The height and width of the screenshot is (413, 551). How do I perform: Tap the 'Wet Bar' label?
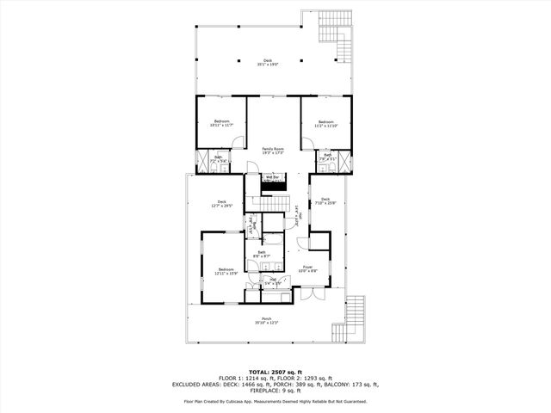pos(274,178)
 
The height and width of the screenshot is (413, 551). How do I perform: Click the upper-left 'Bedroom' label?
pos(222,123)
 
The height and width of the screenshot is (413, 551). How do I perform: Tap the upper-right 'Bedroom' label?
pos(325,123)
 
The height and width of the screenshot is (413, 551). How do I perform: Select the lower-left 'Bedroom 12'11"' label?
pos(226,271)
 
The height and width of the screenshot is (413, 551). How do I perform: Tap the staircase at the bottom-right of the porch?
pos(355,317)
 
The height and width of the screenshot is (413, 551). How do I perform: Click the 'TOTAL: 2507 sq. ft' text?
pos(275,373)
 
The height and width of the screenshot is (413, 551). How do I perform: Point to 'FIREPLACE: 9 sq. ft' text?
pos(275,390)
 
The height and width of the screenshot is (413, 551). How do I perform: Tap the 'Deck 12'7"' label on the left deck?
pos(222,204)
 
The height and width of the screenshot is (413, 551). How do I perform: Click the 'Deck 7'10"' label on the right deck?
pos(325,201)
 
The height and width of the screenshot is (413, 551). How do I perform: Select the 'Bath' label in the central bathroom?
pos(262,255)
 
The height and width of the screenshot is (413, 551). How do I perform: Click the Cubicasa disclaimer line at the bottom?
pos(275,401)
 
